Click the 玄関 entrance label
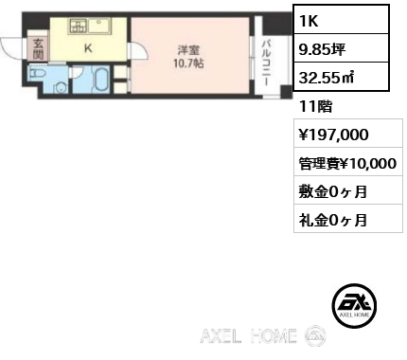tap(39, 47)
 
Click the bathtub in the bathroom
tap(101, 81)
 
